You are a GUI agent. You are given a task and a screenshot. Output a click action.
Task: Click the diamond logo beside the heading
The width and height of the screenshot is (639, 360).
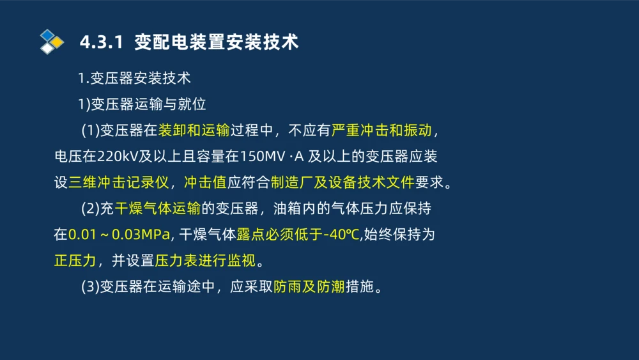(51, 42)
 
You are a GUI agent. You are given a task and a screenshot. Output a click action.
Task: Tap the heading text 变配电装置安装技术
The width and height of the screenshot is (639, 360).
(217, 42)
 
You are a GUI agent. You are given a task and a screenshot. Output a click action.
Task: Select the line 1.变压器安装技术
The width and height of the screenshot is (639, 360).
(134, 79)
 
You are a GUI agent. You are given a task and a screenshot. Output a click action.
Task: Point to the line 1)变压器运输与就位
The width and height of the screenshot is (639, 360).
(141, 104)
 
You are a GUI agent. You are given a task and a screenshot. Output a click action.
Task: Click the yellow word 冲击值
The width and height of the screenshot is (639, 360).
(205, 182)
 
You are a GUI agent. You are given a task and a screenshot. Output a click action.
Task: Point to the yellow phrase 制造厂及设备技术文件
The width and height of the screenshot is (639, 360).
(343, 182)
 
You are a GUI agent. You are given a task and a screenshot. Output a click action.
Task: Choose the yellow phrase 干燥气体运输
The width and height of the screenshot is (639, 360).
(158, 208)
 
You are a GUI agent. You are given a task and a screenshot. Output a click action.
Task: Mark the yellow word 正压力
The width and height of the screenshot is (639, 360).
(75, 261)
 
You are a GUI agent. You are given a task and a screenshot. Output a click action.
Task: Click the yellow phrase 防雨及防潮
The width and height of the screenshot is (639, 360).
(309, 287)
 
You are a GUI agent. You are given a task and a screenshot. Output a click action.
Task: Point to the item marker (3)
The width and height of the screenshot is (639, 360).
(89, 287)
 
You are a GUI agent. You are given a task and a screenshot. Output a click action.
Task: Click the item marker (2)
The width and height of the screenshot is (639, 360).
(89, 208)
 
